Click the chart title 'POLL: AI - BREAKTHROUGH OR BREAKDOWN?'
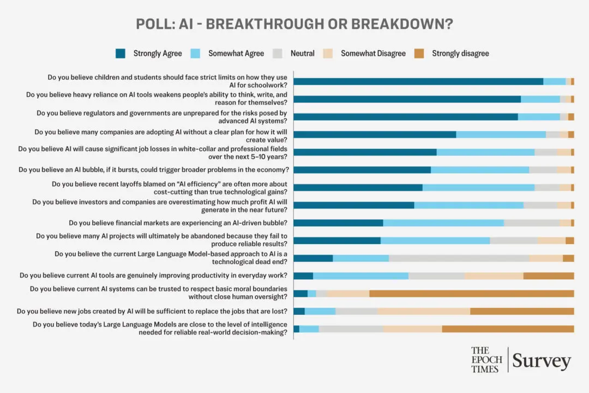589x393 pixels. (x=294, y=25)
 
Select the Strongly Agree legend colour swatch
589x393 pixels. (x=121, y=53)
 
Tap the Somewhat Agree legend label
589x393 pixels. (x=236, y=53)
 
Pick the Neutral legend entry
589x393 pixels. (x=302, y=53)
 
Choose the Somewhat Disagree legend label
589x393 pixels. (x=373, y=53)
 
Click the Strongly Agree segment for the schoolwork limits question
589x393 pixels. (x=418, y=81)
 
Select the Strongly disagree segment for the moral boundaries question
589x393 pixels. (x=471, y=293)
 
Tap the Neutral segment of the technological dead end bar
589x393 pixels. (x=459, y=258)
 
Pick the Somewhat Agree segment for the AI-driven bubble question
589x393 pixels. (x=443, y=223)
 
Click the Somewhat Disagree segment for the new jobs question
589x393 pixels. (x=424, y=311)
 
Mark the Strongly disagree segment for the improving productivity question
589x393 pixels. (x=548, y=276)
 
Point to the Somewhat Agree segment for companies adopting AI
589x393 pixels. (x=501, y=134)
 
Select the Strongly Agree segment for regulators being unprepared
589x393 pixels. (x=405, y=117)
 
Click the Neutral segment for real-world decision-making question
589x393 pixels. (x=351, y=329)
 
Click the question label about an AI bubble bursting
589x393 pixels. (x=153, y=170)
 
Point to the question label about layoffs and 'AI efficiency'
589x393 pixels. (x=170, y=187)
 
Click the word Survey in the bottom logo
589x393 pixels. (x=541, y=361)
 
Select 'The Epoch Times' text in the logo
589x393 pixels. (x=486, y=360)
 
